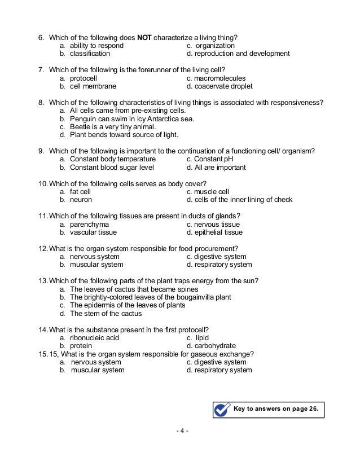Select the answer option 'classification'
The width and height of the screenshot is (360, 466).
[90, 54]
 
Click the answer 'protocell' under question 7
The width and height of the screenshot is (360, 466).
[85, 78]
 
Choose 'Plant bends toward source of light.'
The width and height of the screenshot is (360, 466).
[124, 135]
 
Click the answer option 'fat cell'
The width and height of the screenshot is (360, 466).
[81, 192]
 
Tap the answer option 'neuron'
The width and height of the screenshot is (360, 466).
[81, 200]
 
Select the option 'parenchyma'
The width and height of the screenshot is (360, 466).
[89, 225]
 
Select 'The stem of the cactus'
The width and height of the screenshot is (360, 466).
[106, 314]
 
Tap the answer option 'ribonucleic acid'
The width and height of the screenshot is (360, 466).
[94, 338]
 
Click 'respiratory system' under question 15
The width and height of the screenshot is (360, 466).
[223, 371]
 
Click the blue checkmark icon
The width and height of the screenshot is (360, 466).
[222, 408]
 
